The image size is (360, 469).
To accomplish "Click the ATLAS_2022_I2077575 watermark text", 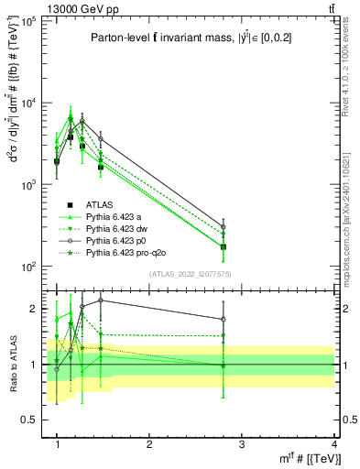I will click(189, 274).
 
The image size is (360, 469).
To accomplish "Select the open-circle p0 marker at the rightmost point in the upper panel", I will click(223, 227).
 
